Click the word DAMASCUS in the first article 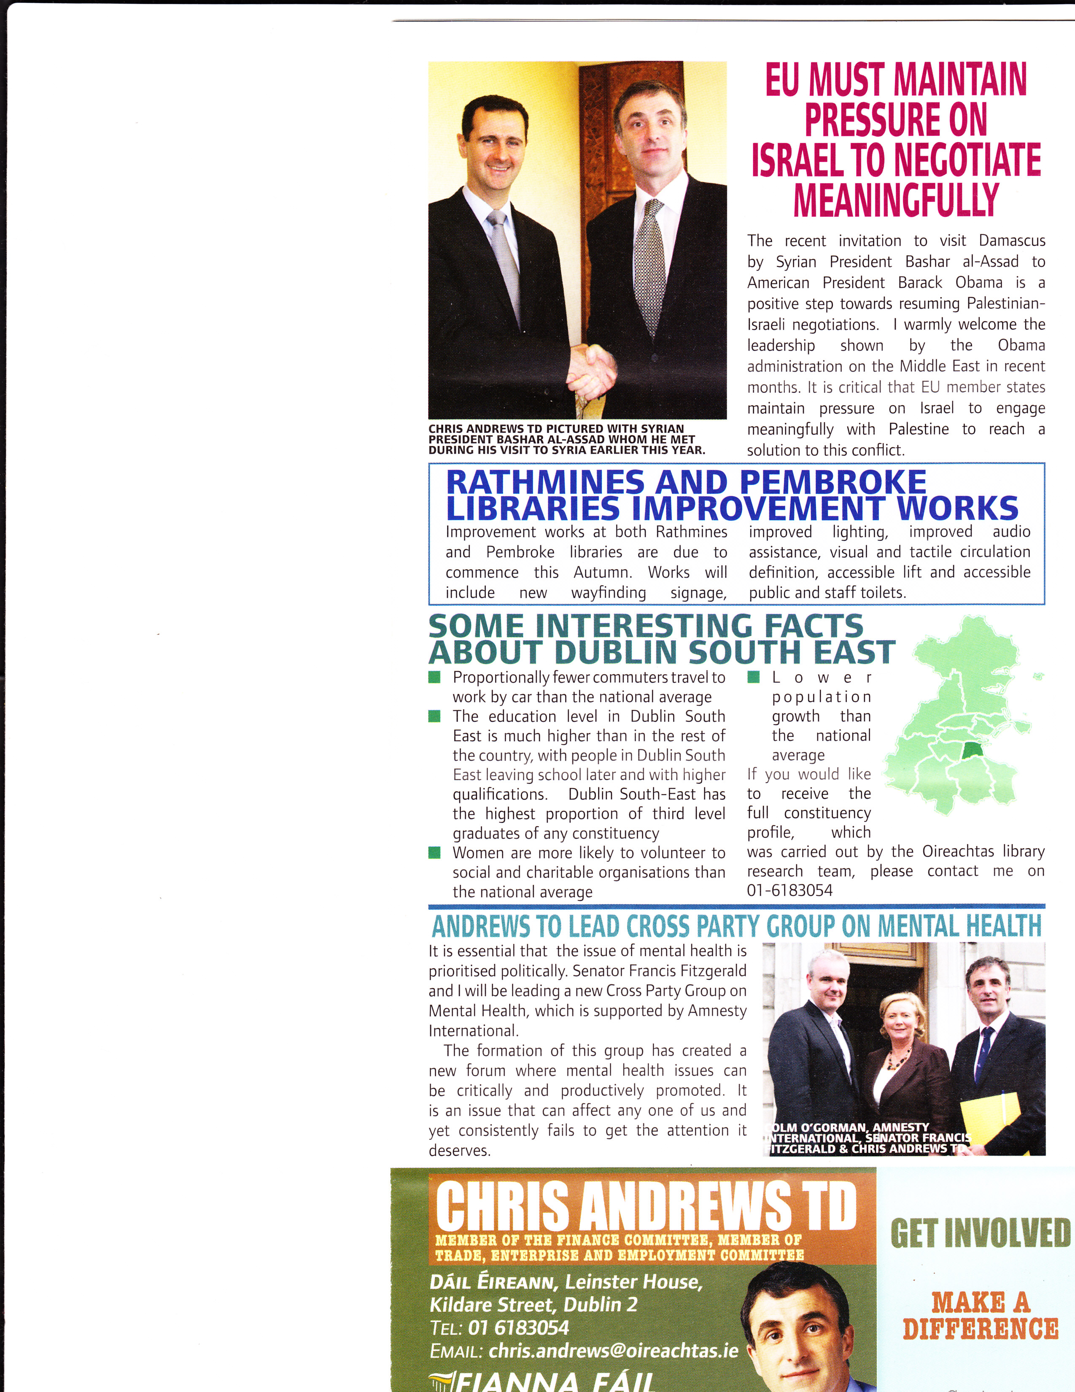pyautogui.click(x=1012, y=241)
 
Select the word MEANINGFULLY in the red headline pyautogui.click(x=896, y=200)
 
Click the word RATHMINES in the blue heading pyautogui.click(x=545, y=482)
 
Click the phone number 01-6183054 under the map pyautogui.click(x=789, y=890)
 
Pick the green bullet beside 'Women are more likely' pyautogui.click(x=434, y=853)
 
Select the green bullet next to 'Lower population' pyautogui.click(x=753, y=677)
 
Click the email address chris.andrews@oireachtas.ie pyautogui.click(x=613, y=1351)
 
